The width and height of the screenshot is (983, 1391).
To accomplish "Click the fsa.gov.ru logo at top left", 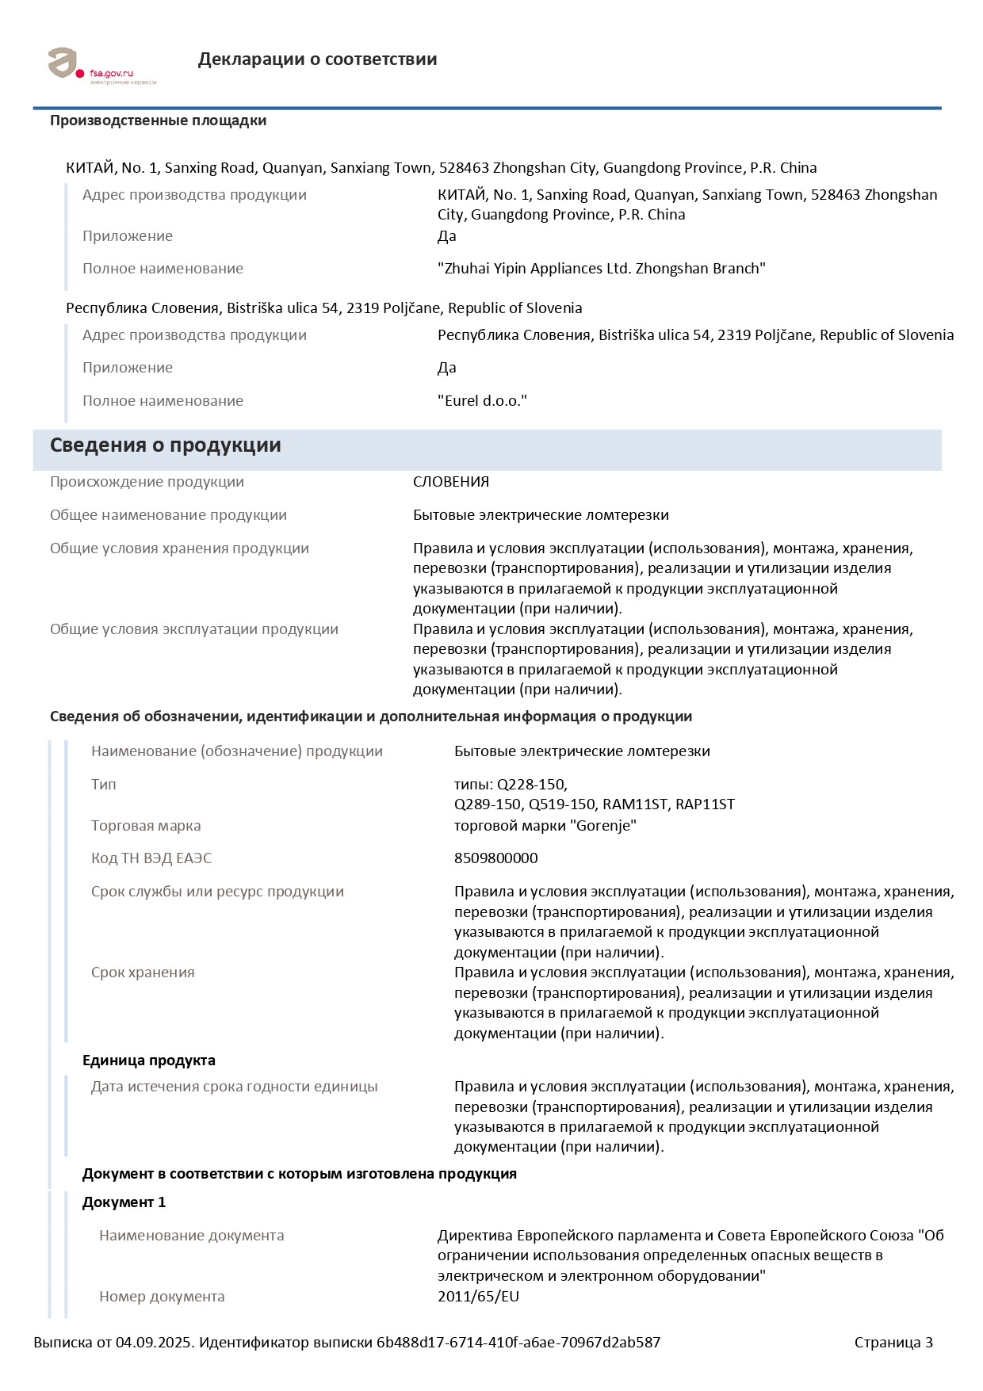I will coord(101,65).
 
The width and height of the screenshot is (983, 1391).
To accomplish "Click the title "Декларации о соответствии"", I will coord(317,59).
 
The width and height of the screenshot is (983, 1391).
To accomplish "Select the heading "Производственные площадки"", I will coord(158,120).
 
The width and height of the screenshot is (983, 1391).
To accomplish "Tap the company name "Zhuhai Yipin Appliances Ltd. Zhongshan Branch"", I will coord(601,269).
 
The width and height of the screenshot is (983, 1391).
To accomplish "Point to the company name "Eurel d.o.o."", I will coord(482,401).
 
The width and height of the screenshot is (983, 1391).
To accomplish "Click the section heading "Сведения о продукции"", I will coord(165,445).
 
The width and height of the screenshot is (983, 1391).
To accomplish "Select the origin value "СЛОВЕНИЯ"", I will coord(451,482).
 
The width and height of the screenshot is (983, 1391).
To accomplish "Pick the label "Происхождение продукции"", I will coord(147,482).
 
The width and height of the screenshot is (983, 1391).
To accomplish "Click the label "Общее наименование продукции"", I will coord(168,515).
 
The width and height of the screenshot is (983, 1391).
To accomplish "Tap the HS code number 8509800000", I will coord(495,858).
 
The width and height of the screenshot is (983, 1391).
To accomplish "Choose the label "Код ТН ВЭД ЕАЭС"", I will coord(151,858).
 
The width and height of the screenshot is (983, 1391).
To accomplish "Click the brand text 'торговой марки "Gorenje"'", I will coord(545,826).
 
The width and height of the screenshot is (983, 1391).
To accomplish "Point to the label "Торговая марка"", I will coord(146,826).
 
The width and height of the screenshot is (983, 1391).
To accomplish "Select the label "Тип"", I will coord(104,785).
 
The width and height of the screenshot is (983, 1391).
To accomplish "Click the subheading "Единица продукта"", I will coord(149,1060).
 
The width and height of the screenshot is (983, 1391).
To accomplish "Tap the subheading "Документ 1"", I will coord(124,1202).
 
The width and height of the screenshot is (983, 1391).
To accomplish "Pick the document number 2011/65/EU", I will coord(478,1297).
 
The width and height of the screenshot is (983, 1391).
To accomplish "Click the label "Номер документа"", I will coord(162,1297).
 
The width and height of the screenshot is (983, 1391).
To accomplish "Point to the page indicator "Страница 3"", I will coord(893,1343).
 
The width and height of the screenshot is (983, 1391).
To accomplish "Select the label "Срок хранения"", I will coord(143,973).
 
